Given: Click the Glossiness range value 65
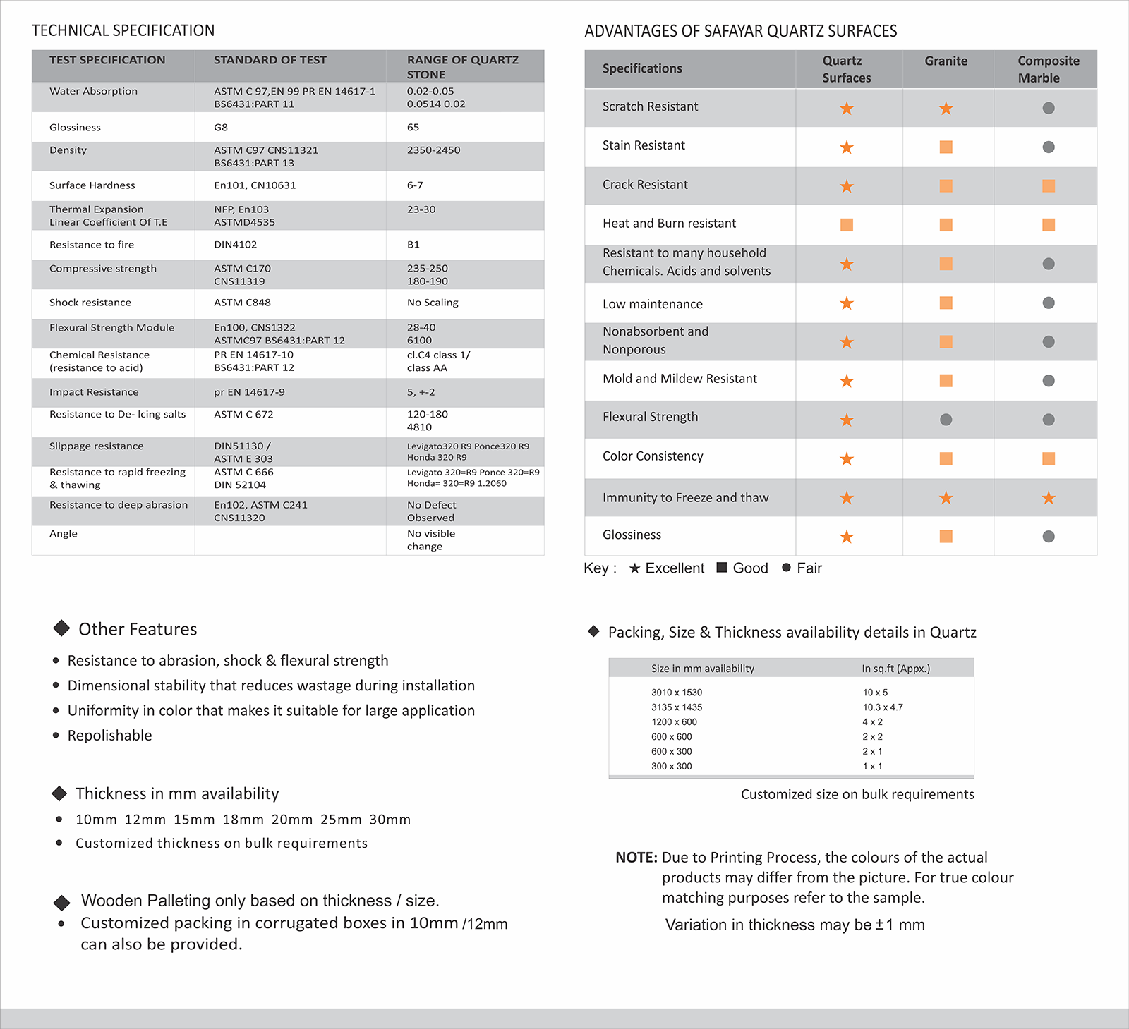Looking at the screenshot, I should [x=413, y=128].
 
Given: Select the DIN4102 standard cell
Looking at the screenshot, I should [x=236, y=245].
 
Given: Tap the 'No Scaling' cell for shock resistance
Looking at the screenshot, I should [x=433, y=303].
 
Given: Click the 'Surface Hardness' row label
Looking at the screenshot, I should [x=92, y=185].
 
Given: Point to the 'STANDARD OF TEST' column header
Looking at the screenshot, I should [x=270, y=60].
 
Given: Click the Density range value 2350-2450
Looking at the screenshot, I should [x=433, y=150].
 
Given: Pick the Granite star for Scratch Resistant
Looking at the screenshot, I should [x=946, y=109].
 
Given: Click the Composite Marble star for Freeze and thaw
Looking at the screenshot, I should [x=1049, y=498].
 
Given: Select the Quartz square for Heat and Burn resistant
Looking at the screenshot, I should [x=847, y=225].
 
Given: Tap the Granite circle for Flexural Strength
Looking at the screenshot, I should [x=946, y=420].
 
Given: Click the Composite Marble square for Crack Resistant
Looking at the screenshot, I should [x=1049, y=186].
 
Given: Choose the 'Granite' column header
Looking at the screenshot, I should [x=946, y=61].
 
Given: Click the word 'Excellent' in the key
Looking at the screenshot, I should [x=675, y=568].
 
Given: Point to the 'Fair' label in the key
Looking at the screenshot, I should [x=809, y=568].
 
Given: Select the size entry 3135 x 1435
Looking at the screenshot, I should [x=677, y=707].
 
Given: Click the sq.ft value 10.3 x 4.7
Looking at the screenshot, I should [x=883, y=707].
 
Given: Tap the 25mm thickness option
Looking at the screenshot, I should [x=341, y=820].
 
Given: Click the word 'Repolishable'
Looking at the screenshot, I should [x=109, y=736].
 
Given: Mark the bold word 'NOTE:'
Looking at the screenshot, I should [x=636, y=858].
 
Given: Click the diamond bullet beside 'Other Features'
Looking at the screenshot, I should [x=61, y=628].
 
